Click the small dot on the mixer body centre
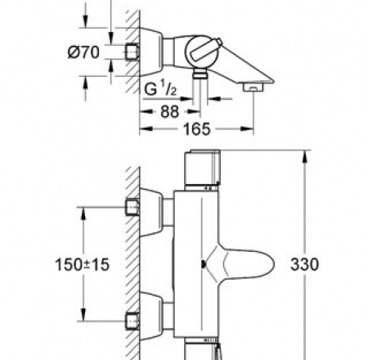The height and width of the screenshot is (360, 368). click(204, 263)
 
